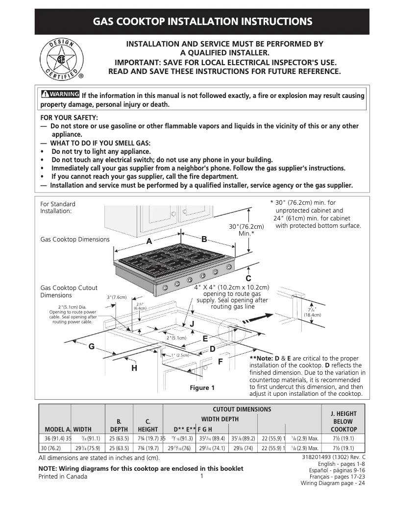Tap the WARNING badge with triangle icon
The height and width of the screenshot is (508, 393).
click(60, 95)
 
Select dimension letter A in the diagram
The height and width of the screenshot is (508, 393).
click(149, 242)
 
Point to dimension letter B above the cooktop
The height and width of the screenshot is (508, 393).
click(204, 239)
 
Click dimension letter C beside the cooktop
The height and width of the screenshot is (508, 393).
click(248, 278)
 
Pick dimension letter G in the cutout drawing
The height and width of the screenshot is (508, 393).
click(91, 346)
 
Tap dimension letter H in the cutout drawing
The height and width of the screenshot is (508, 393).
click(134, 368)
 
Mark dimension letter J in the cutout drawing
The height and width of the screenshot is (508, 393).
click(192, 324)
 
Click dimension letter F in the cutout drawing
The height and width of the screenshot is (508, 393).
click(220, 362)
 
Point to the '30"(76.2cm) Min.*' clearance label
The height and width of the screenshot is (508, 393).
click(246, 230)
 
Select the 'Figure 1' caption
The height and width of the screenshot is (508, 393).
click(202, 388)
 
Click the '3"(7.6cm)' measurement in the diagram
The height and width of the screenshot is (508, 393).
click(117, 297)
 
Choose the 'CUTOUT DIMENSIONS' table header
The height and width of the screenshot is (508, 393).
click(242, 410)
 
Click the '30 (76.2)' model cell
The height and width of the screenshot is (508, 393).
click(51, 448)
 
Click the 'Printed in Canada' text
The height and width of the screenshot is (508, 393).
click(63, 477)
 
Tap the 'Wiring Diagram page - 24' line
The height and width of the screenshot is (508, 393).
click(333, 483)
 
